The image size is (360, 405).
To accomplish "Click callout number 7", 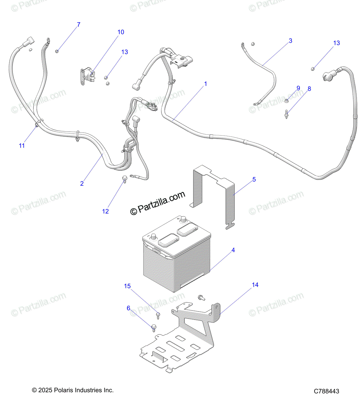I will point(79,25).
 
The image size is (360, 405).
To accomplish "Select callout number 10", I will point(121,32).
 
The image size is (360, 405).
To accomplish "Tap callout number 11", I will point(22,145).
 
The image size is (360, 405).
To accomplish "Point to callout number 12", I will point(105,211).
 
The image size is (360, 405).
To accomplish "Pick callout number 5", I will point(254,180).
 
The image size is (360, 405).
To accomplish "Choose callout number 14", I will point(255,285).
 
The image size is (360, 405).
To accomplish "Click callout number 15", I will point(127,286).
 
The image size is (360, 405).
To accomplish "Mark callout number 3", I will point(290,41).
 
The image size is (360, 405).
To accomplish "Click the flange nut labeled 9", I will point(286,100).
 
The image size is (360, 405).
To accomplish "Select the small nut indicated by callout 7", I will point(57,51).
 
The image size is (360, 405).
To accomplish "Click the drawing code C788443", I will point(326,391).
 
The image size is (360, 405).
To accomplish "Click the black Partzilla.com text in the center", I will point(158,203).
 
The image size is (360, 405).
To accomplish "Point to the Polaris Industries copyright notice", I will point(73,390).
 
